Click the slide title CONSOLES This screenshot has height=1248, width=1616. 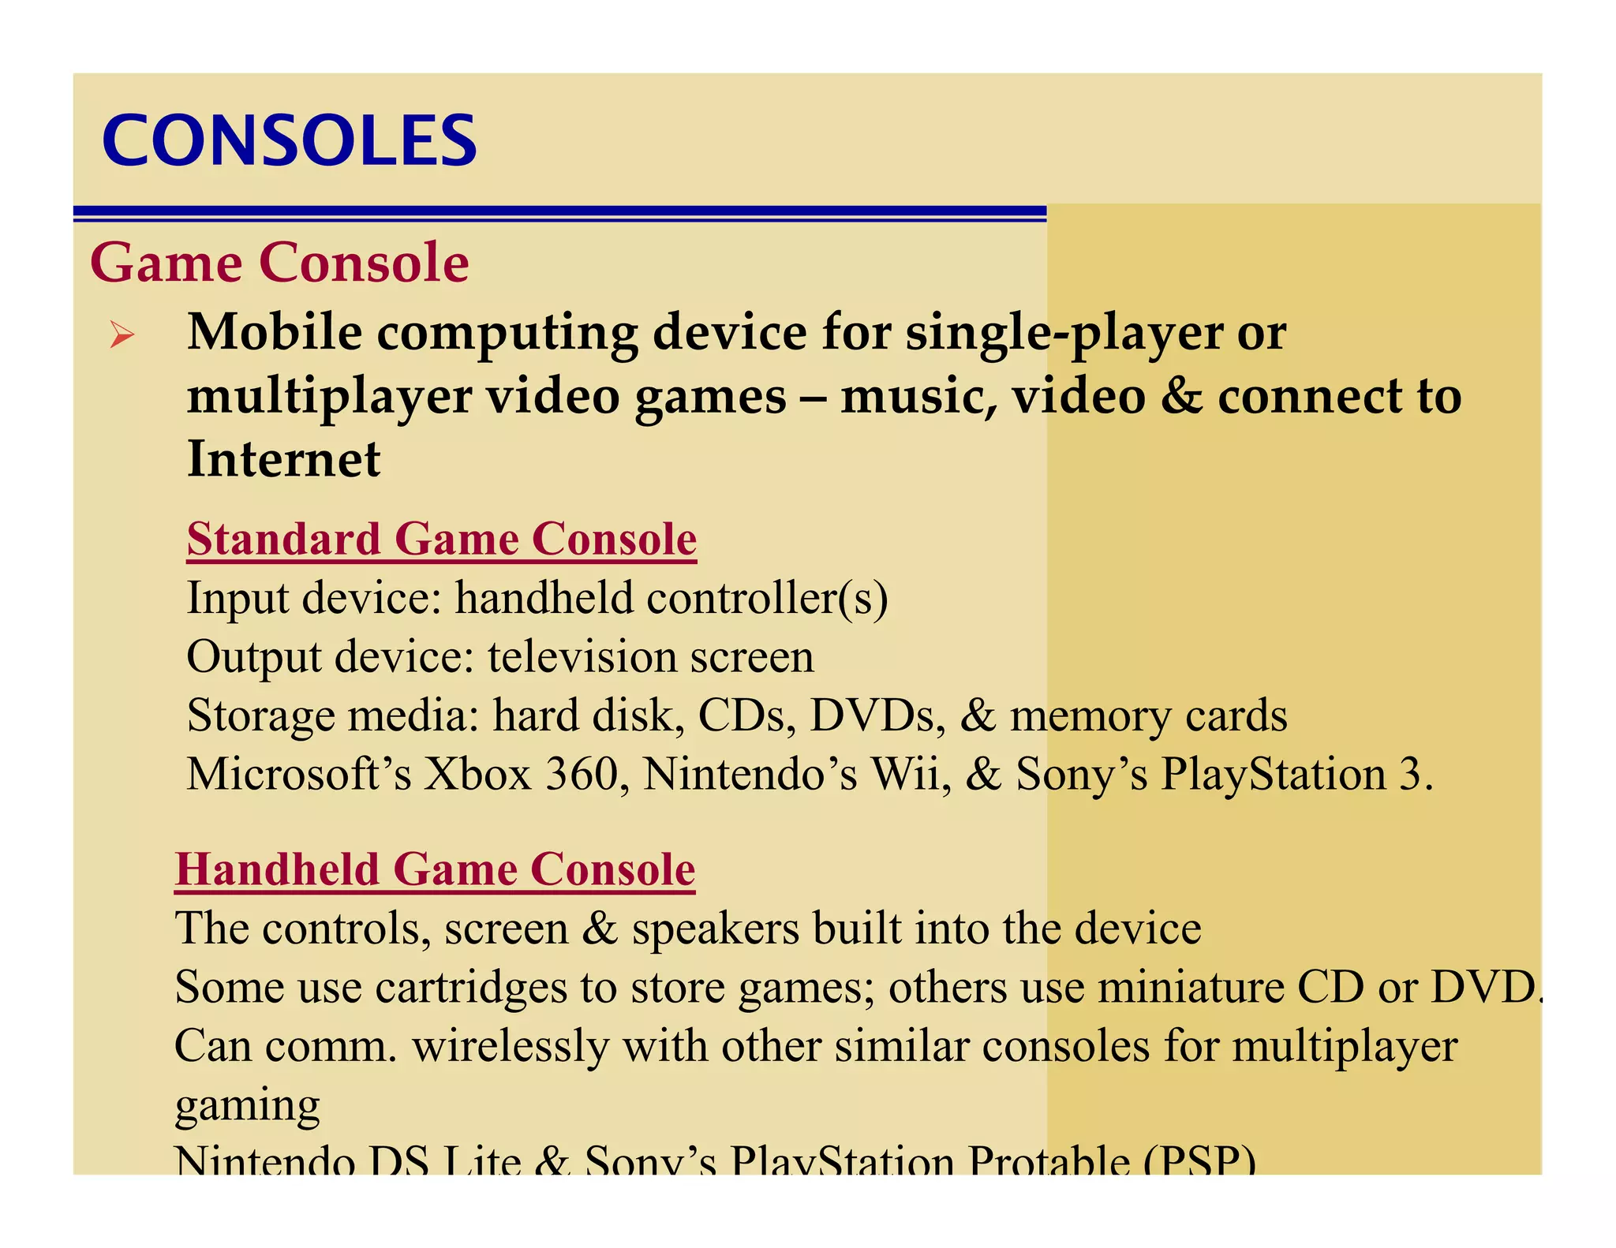coord(289,140)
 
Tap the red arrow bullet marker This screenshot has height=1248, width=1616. coord(122,334)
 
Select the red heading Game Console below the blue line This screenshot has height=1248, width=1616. coord(279,262)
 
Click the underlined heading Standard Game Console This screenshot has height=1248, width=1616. coord(442,540)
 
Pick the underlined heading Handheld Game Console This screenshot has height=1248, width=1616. coord(435,869)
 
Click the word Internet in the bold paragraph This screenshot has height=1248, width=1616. coord(284,459)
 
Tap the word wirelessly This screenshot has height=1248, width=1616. coord(510,1046)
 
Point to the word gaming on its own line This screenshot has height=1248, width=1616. coord(247,1106)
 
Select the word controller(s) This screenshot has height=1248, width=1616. coord(767,598)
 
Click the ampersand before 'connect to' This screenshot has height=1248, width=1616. coord(1181,396)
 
